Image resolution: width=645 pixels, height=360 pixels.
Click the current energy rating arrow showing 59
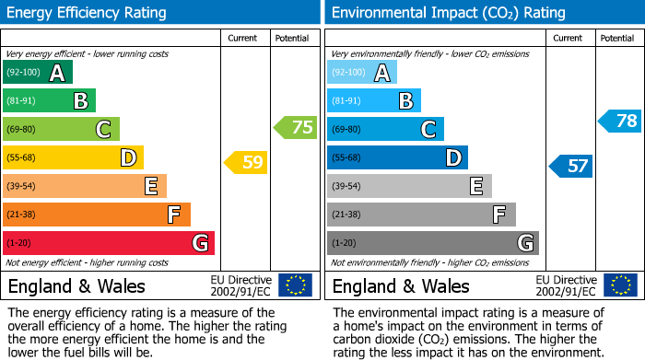pos(246,163)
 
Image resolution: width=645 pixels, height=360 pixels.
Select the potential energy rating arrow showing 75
pos(296,128)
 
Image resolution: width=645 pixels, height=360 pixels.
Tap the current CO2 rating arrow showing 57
pos(571,166)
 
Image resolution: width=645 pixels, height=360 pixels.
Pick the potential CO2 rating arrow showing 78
pos(620,121)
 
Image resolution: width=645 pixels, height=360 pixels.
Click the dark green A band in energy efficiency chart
pos(38,73)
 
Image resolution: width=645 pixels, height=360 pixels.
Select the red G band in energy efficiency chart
pos(109,243)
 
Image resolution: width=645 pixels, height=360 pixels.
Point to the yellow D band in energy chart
pos(73,158)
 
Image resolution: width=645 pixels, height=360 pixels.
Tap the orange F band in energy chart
pos(97,215)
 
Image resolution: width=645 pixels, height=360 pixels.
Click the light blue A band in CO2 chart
pos(362,73)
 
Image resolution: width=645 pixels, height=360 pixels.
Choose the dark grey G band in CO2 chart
pos(432,243)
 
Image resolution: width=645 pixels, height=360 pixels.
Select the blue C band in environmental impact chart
pos(385,130)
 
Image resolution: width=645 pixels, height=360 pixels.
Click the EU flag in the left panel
pos(295,285)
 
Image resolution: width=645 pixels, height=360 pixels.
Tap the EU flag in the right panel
pos(619,285)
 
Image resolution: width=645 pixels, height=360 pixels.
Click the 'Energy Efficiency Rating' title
pos(88,13)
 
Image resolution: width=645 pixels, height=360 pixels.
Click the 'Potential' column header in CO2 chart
pos(617,38)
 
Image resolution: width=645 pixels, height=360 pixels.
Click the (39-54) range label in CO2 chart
pos(346,187)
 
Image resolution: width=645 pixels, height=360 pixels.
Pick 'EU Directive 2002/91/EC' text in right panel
pos(566,285)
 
